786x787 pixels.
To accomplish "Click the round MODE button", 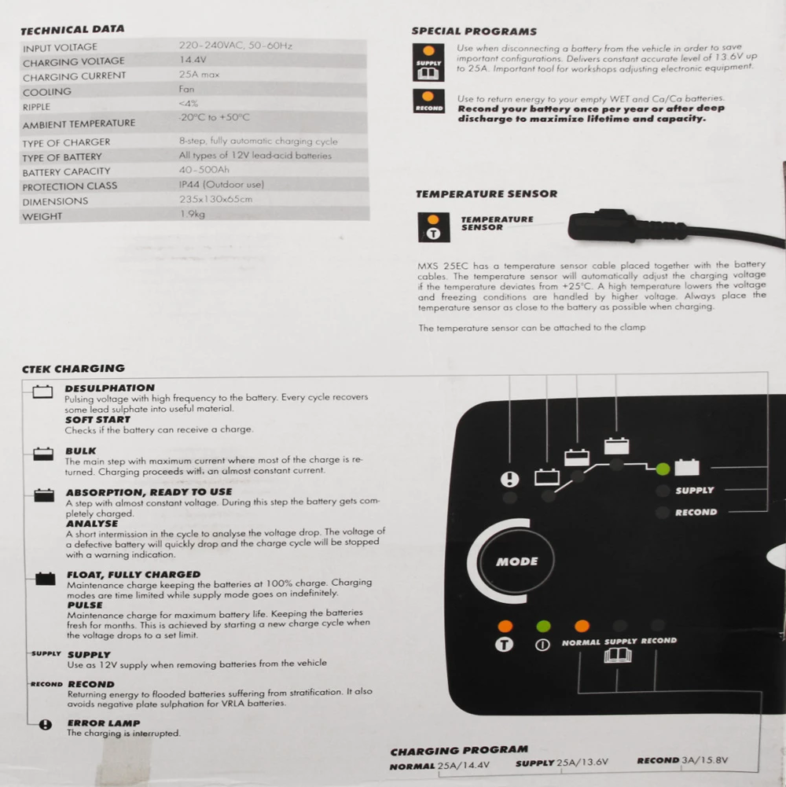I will (x=516, y=561).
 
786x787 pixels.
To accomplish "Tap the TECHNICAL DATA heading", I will (x=72, y=30).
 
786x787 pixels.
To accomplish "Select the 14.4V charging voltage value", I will (x=193, y=60).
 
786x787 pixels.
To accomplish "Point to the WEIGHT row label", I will (x=42, y=216).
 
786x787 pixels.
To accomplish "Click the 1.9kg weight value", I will (x=192, y=214).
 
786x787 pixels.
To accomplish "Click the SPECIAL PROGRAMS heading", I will (x=474, y=31).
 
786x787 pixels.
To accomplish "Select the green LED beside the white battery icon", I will (x=663, y=469).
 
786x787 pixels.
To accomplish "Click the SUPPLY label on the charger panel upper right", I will (x=694, y=491).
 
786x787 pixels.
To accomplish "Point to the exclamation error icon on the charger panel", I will (x=509, y=479).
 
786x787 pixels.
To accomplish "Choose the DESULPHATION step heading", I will (x=109, y=388).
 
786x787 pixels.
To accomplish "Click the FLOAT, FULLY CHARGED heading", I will (x=133, y=575).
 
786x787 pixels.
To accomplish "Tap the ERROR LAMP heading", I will (x=103, y=723).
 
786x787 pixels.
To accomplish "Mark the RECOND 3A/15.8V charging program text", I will (x=682, y=760).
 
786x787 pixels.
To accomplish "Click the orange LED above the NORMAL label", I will (x=582, y=627).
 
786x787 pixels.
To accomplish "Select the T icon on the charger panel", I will (x=505, y=645).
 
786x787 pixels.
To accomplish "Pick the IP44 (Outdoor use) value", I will (x=221, y=185).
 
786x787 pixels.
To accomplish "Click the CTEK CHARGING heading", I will (x=73, y=368).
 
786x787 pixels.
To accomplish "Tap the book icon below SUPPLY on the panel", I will (x=615, y=655).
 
